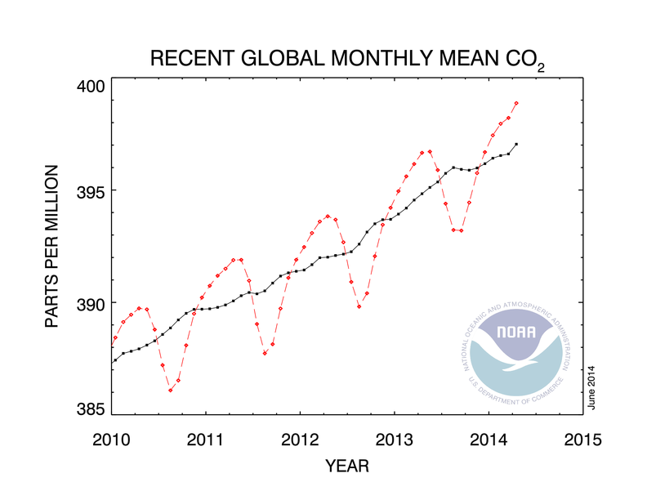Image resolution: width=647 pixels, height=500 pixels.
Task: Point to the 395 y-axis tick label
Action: coord(91,190)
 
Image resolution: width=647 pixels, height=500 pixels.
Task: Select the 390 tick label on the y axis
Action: coord(91,303)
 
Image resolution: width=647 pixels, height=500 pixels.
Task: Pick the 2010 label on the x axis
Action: coord(111,440)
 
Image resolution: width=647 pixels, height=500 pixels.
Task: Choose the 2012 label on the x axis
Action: coord(300,440)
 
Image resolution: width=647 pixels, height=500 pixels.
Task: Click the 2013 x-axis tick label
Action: coord(395,440)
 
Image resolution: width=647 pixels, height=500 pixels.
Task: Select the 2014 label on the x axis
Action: coord(489,440)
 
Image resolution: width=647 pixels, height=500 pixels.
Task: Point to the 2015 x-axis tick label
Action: coord(583,440)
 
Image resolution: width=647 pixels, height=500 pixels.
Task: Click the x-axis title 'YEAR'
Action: coord(346,467)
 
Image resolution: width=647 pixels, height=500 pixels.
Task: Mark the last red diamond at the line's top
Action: coord(516,103)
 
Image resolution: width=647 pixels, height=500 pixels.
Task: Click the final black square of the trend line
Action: coord(516,144)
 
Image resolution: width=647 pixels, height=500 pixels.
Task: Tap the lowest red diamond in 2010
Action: coord(170,390)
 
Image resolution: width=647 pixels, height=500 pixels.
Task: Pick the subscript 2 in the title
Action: coord(539,67)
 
